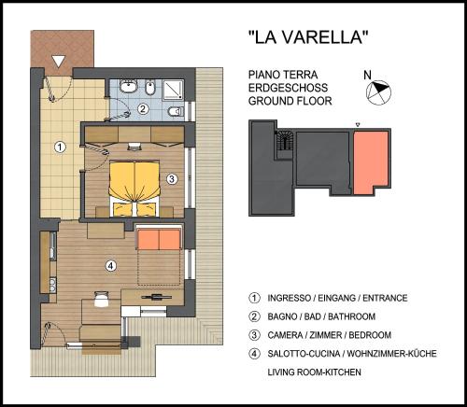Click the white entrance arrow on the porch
pyautogui.click(x=59, y=62)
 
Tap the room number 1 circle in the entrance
pyautogui.click(x=60, y=147)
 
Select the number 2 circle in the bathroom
pyautogui.click(x=143, y=109)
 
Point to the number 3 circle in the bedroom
pyautogui.click(x=172, y=179)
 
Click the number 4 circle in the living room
pyautogui.click(x=111, y=266)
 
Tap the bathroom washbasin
pyautogui.click(x=129, y=86)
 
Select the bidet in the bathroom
pyautogui.click(x=150, y=88)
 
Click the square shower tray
pyautogui.click(x=173, y=90)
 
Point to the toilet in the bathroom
pyautogui.click(x=176, y=111)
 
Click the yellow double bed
pyautogui.click(x=134, y=189)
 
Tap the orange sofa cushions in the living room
pyautogui.click(x=159, y=239)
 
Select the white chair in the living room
pyautogui.click(x=101, y=300)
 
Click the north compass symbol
pyautogui.click(x=378, y=92)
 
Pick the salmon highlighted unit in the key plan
pyautogui.click(x=371, y=162)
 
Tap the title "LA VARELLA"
pyautogui.click(x=308, y=37)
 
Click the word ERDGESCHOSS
pyautogui.click(x=288, y=88)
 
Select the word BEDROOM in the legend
pyautogui.click(x=370, y=335)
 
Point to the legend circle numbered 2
pyautogui.click(x=254, y=316)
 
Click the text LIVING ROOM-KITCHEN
pyautogui.click(x=315, y=372)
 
